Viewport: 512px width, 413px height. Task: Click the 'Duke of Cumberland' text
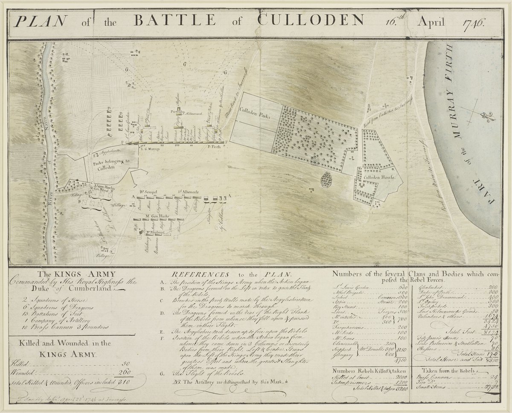tap(64, 289)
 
